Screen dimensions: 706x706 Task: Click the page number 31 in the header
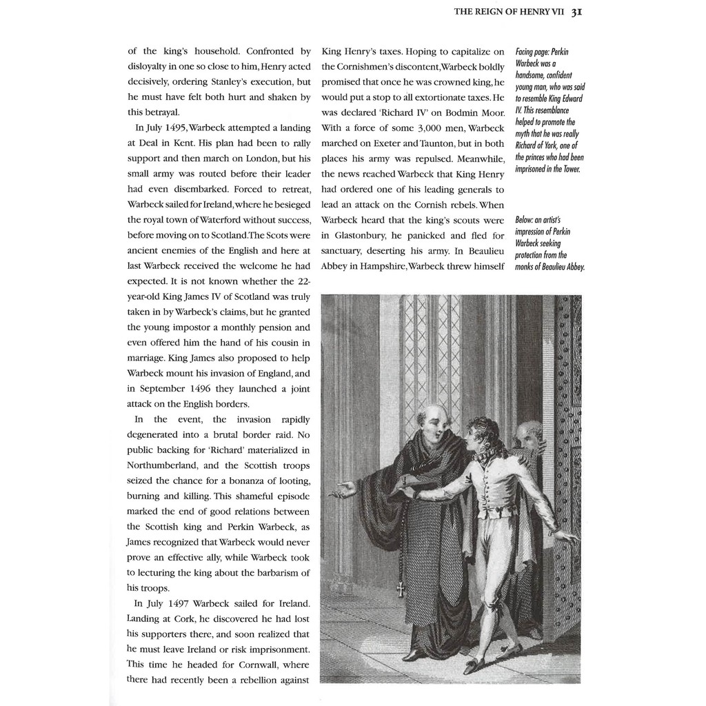577,12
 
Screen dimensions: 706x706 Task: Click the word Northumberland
165,465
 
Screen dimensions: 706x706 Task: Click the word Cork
196,618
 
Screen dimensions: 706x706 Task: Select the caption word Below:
527,220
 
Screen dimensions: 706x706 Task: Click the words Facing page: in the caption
532,52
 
